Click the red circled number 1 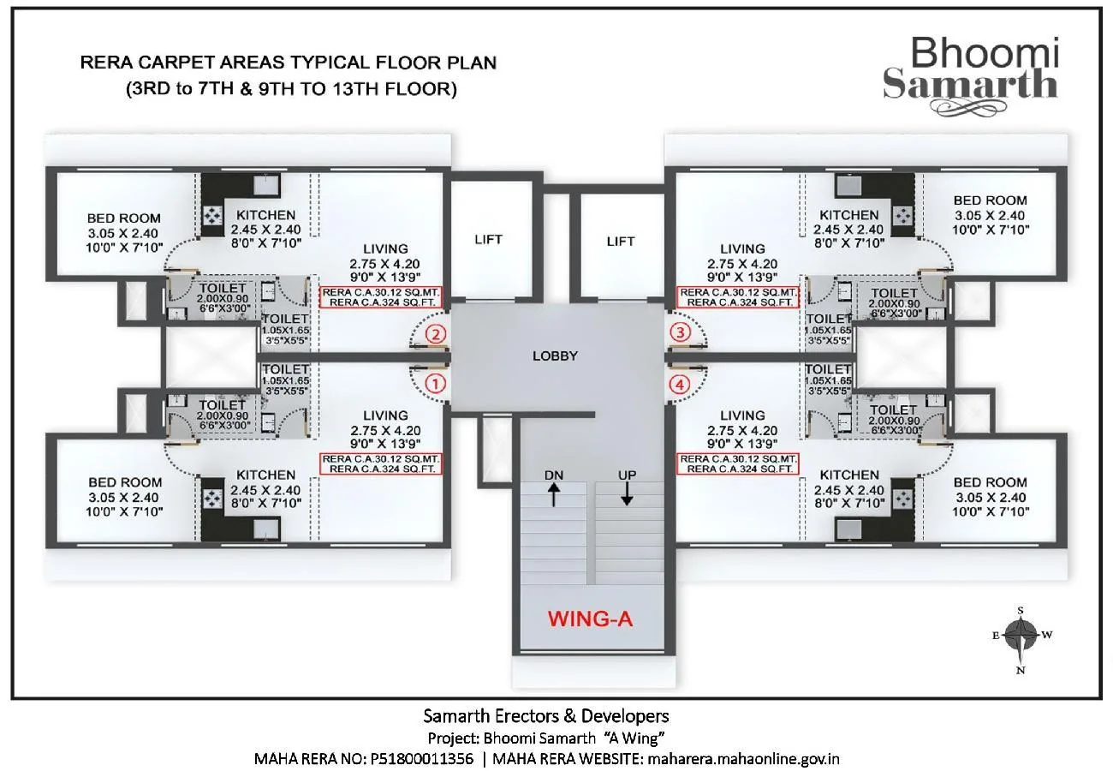coord(436,383)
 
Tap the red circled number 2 coord(436,333)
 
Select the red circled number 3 coord(680,332)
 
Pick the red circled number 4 coord(680,385)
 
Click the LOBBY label coord(555,356)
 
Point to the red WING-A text coord(591,618)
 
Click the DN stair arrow coord(554,493)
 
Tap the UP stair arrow coord(628,493)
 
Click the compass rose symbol coord(1021,636)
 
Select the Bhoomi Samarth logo coord(971,68)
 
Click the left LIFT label coord(489,239)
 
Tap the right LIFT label coord(621,242)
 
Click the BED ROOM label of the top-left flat coord(124,218)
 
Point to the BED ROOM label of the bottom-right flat coord(990,482)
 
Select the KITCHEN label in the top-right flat coord(848,214)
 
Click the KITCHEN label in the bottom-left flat coord(265,475)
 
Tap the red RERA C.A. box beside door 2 coord(381,296)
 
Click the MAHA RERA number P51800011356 coord(421,759)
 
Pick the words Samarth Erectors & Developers coord(546,715)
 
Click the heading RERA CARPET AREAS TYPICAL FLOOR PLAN coord(289,63)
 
